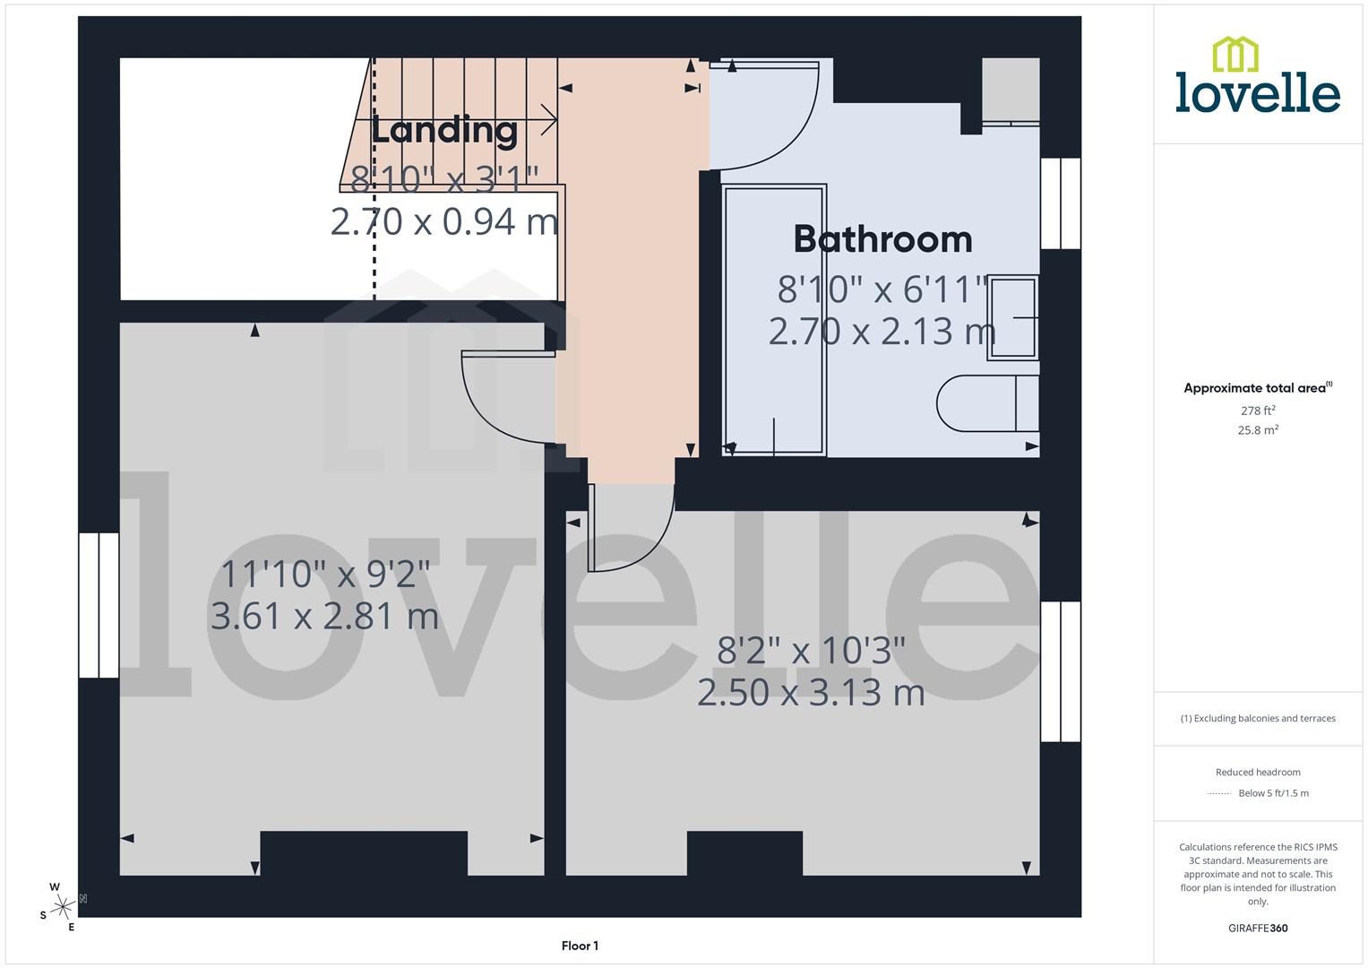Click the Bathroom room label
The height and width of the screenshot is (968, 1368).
pos(882,239)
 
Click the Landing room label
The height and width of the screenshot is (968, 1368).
pos(444,131)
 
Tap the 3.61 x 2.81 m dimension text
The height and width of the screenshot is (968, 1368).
pos(324,617)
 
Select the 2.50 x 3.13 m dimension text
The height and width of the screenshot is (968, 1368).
pos(811,693)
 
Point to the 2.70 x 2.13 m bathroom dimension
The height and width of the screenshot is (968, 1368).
pos(882,332)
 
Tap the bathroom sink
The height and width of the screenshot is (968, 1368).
pos(1012,317)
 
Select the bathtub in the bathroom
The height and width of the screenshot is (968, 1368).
pos(774,320)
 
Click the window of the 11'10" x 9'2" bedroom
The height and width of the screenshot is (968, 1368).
pos(99,605)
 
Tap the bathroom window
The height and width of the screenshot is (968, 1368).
pos(1060,203)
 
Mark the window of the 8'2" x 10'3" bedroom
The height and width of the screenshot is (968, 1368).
pos(1060,671)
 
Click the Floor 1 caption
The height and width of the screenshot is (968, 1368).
pos(580,946)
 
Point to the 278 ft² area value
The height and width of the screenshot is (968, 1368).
pos(1258,411)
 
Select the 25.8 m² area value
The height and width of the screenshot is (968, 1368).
pos(1258,430)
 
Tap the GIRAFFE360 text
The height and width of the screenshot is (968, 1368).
pos(1258,929)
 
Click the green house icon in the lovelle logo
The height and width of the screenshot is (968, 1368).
pos(1235,54)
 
